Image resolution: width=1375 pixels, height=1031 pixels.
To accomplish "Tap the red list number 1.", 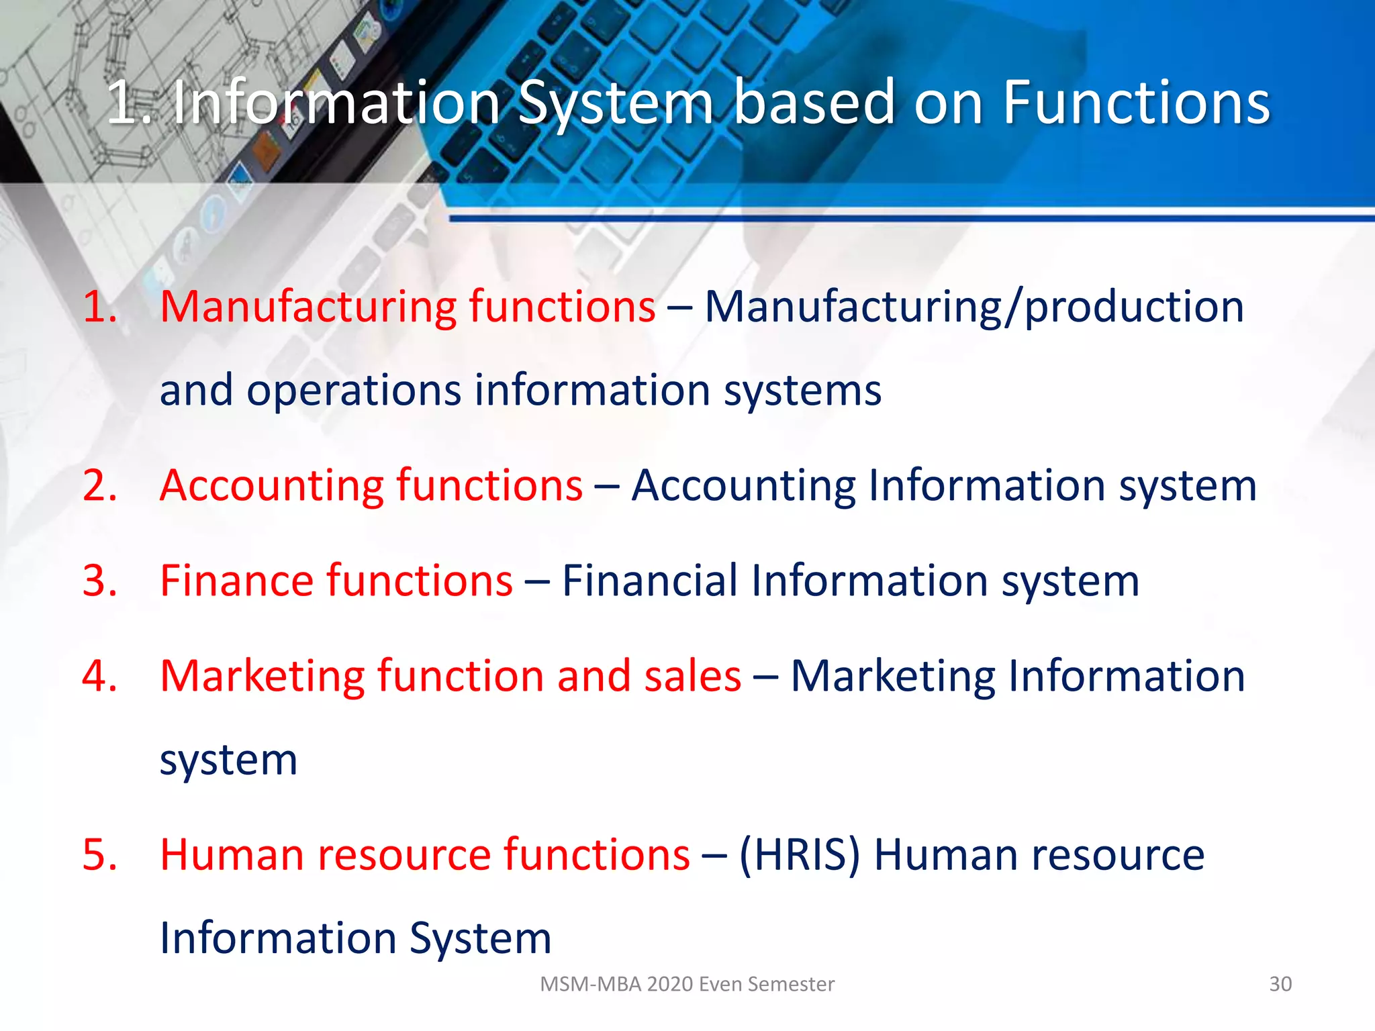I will [99, 307].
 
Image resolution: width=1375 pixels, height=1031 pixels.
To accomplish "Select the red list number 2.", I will [99, 485].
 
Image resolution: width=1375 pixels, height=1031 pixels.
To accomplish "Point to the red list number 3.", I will [99, 581].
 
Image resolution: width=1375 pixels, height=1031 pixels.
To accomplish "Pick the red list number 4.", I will [99, 676].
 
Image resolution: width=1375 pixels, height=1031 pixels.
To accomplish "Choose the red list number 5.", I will [99, 855].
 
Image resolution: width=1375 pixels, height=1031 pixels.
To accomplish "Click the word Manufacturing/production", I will [974, 307].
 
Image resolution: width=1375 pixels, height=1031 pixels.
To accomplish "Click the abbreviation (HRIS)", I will [799, 855].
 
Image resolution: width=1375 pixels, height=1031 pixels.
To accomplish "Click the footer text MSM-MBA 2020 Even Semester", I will [687, 984].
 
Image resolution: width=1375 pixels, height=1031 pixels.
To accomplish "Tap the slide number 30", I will [1280, 984].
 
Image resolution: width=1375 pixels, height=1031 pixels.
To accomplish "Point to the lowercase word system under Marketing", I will [228, 761].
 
